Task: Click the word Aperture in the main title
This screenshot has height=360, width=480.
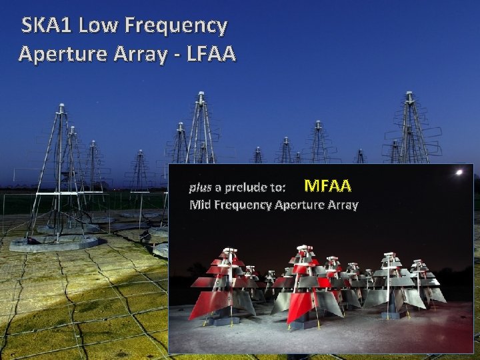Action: coord(65,53)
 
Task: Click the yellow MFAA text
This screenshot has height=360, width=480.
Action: coord(327,185)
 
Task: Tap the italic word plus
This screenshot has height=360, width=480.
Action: coord(200,187)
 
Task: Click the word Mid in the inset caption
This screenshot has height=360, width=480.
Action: coord(200,205)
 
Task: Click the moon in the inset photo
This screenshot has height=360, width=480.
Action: coord(459,173)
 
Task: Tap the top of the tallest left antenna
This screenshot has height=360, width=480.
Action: coord(61,107)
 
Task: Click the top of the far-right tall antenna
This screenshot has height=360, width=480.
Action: coord(409,95)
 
